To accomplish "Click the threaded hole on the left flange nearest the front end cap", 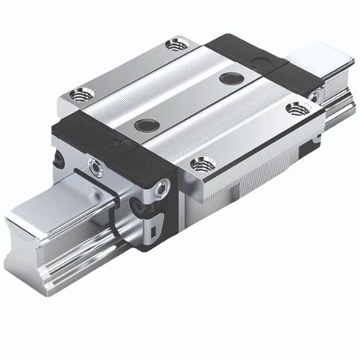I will coord(80,94).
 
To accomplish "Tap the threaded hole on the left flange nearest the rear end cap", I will coord(176,45).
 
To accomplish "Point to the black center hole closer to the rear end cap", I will coord(228,77).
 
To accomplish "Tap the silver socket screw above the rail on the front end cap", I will coord(96,169).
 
